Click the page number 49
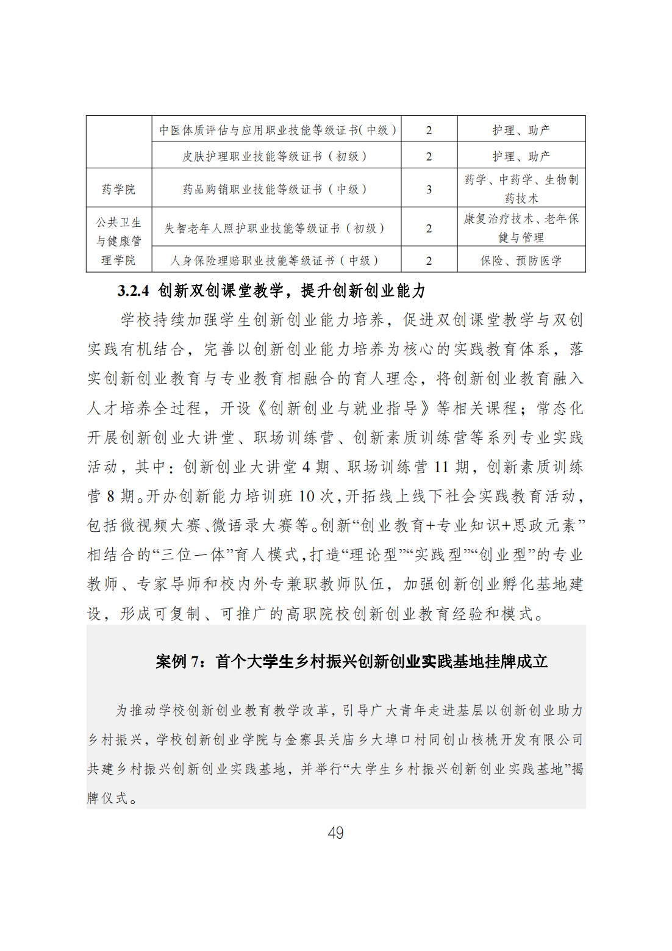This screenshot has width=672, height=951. point(335,833)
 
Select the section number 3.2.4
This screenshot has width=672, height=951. point(133,291)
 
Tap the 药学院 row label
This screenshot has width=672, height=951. point(119,189)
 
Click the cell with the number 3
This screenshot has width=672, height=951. point(429,189)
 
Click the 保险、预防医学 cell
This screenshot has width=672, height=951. point(521,260)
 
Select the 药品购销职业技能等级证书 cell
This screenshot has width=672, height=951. point(275,189)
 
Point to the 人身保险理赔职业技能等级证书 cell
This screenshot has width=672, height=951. point(275,260)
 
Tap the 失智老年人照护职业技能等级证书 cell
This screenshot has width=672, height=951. point(275,228)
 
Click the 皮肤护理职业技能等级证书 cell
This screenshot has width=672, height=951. point(275,156)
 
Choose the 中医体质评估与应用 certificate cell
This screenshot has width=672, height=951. point(277,130)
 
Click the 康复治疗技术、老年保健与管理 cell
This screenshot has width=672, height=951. point(521,228)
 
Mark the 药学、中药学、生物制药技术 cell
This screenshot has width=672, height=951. point(521,188)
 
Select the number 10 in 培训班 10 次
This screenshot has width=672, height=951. point(307,497)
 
